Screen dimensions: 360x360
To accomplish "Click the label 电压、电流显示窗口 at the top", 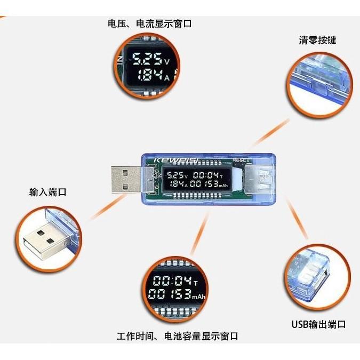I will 149,24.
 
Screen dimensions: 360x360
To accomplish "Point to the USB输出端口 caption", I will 318,324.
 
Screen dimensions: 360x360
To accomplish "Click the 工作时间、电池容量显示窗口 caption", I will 177,336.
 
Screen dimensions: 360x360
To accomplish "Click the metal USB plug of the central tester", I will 126,179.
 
